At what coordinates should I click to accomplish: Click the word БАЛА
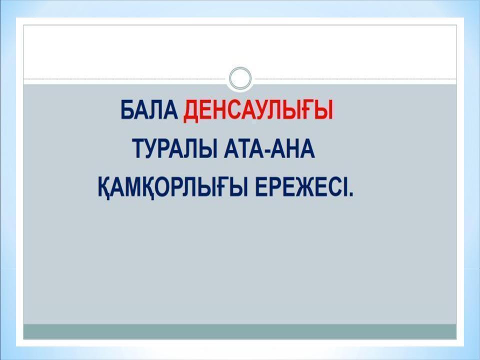148,110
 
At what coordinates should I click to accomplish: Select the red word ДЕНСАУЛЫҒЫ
258,110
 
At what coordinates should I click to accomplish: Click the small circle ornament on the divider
240,78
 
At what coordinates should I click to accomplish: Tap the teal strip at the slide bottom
240,331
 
